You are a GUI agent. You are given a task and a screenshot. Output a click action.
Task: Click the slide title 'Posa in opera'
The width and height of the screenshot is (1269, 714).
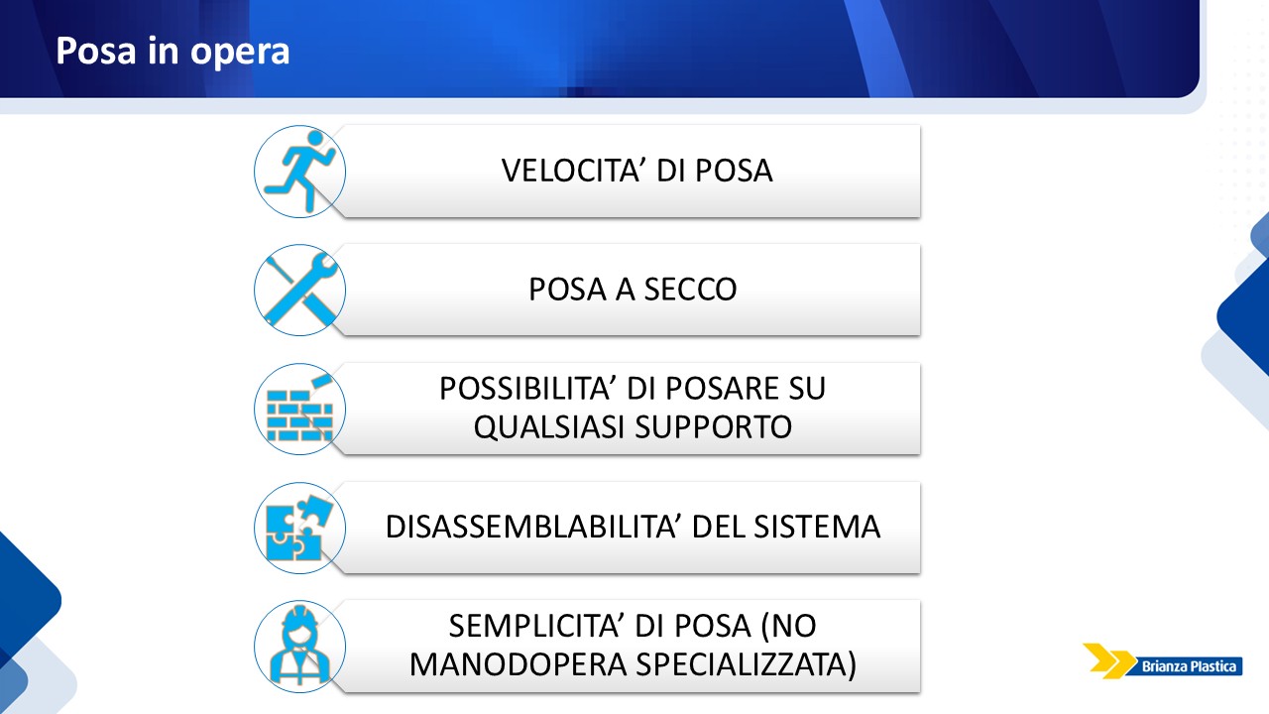(x=173, y=52)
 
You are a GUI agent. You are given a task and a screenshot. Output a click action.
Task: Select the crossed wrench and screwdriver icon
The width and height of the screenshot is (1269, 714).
(x=300, y=290)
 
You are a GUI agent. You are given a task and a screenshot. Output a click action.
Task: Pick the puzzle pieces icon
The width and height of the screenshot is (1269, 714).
(x=299, y=528)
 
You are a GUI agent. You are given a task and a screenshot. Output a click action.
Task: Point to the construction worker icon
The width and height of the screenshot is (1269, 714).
(x=299, y=645)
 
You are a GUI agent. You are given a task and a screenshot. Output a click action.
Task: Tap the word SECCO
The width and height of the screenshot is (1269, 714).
(x=690, y=289)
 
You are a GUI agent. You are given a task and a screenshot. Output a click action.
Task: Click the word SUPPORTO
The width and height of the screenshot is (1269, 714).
(x=713, y=426)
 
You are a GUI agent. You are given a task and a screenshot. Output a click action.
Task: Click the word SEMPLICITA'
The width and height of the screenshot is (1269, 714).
(x=536, y=626)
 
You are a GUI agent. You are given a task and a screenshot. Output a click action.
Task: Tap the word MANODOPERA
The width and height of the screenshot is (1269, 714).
(x=518, y=664)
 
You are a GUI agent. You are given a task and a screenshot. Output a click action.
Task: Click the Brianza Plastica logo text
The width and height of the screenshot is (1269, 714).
(x=1189, y=666)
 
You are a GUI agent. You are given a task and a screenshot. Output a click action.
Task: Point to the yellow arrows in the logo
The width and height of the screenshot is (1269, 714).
(x=1108, y=660)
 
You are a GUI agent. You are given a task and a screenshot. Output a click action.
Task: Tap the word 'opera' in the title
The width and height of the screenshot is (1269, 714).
(x=240, y=53)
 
